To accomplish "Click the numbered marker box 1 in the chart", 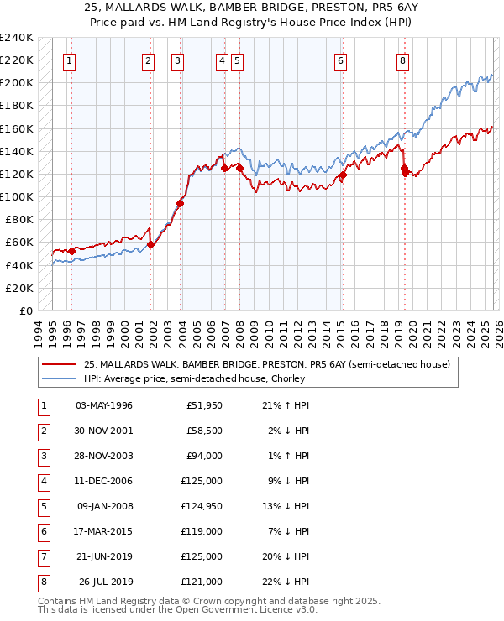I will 68,60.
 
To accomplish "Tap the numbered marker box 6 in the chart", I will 340,60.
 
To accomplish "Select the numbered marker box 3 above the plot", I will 177,60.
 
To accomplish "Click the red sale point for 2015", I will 343,176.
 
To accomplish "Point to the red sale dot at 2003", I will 181,203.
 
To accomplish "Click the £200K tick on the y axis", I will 17,83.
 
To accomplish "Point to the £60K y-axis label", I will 19,243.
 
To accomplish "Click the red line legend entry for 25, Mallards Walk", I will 267,364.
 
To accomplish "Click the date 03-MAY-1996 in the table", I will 104,406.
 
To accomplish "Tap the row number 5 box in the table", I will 42,506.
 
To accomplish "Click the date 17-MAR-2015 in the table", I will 104,531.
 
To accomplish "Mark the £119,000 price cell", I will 204,531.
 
